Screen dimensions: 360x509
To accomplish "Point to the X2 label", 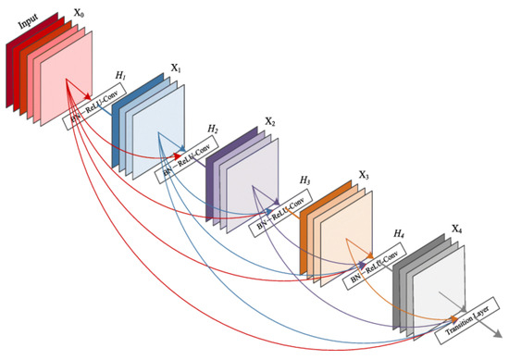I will click(268, 122).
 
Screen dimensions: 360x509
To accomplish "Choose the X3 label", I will click(363, 176).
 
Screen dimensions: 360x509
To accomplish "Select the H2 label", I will click(213, 127).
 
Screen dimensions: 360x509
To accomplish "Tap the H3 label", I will click(305, 180).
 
